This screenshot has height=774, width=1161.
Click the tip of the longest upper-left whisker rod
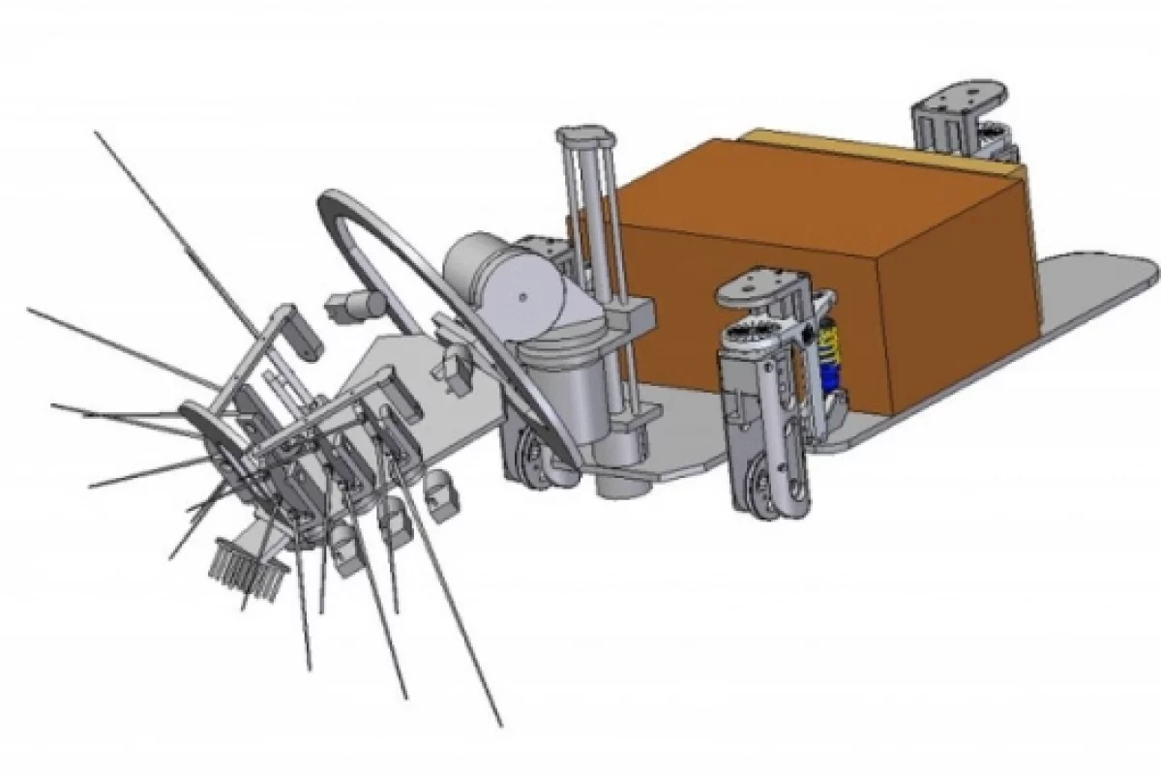tap(98, 135)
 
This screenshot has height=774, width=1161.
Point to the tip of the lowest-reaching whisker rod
tap(500, 724)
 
